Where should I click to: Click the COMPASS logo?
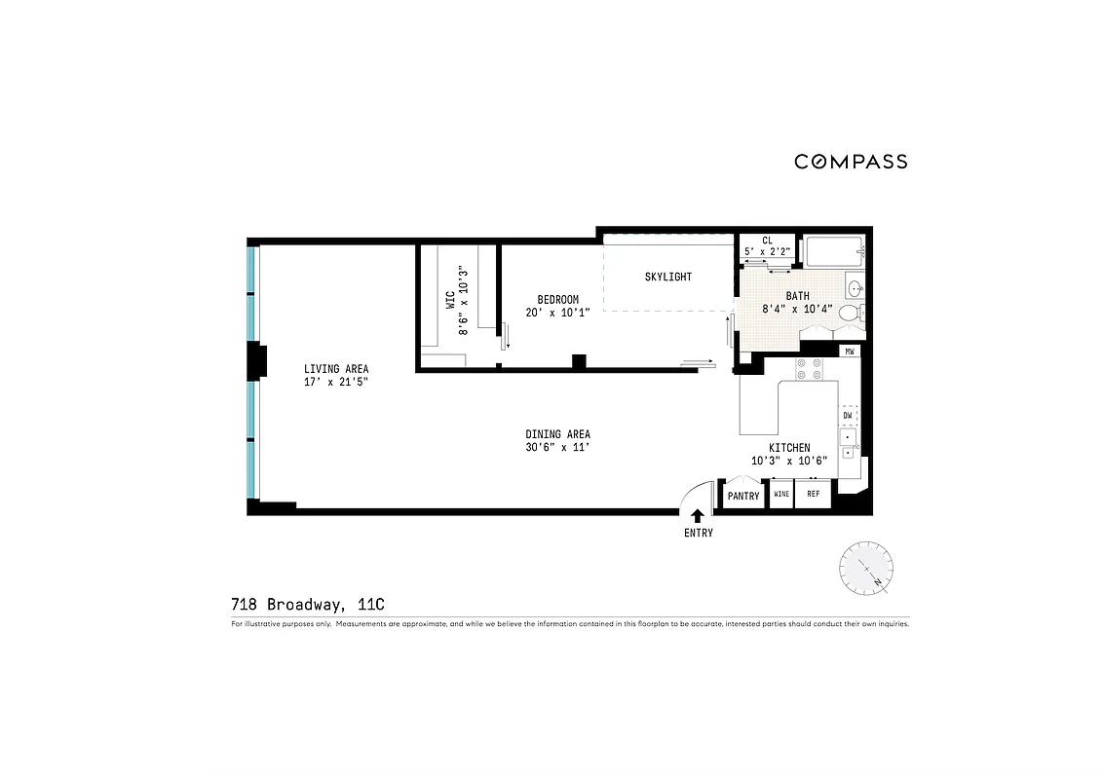(851, 162)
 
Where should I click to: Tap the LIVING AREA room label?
(336, 369)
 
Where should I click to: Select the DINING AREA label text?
(557, 434)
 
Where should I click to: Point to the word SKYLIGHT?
(668, 277)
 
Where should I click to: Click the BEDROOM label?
(558, 299)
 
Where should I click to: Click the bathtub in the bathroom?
(833, 252)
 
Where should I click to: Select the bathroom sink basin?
(855, 288)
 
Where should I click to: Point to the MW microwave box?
(850, 351)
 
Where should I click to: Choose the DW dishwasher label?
(848, 416)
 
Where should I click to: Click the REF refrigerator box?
(813, 495)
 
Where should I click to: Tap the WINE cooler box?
(780, 495)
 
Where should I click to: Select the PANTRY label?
(743, 496)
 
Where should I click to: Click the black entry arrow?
(698, 516)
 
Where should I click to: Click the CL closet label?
(767, 240)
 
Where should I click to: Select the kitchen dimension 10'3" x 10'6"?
(788, 461)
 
